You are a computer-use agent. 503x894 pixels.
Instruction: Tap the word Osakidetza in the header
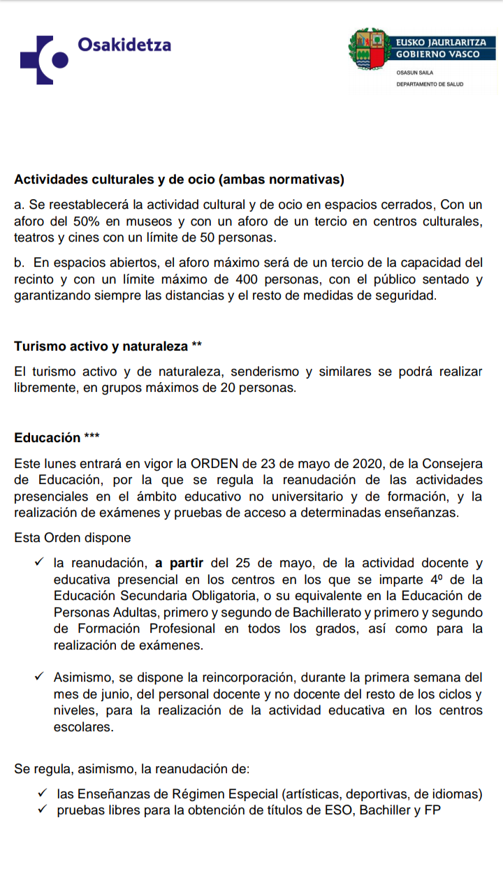pyautogui.click(x=124, y=45)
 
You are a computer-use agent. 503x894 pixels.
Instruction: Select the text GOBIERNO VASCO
pyautogui.click(x=438, y=54)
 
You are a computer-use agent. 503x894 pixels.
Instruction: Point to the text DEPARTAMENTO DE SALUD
pyautogui.click(x=430, y=84)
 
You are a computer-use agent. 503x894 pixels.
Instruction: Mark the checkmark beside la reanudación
pyautogui.click(x=39, y=562)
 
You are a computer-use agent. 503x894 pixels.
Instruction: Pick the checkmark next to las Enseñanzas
pyautogui.click(x=43, y=793)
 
